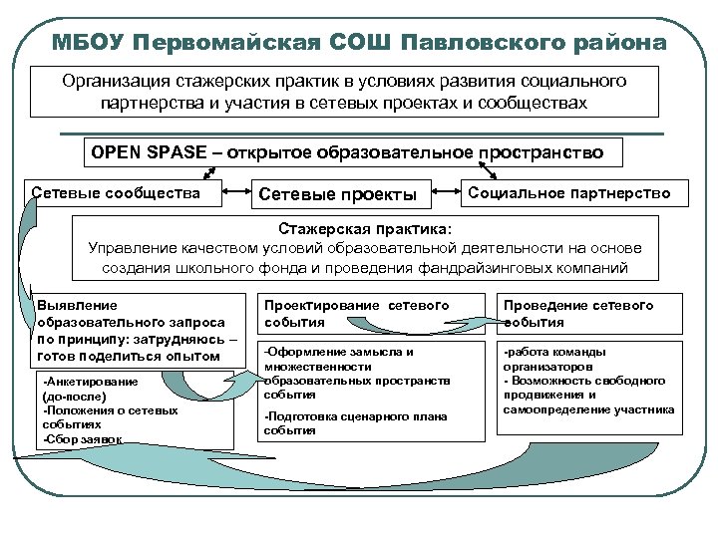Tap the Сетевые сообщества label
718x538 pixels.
[116, 192]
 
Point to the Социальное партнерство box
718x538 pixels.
[569, 192]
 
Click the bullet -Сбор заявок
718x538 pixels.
[85, 437]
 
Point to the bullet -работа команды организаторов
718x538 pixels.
[560, 359]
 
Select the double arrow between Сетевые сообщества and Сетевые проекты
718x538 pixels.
[231, 189]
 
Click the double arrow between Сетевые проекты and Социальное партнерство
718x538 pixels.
[446, 189]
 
